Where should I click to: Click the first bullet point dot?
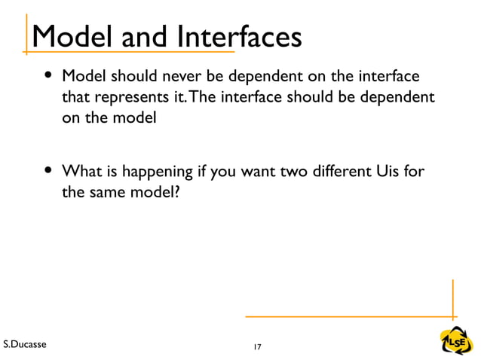(x=48, y=78)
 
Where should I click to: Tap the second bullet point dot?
(x=48, y=173)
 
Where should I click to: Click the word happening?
(x=155, y=174)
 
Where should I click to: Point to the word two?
(x=278, y=173)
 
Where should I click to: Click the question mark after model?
(x=178, y=194)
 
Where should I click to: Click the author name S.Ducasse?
(x=25, y=345)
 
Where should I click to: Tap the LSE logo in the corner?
(x=456, y=340)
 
